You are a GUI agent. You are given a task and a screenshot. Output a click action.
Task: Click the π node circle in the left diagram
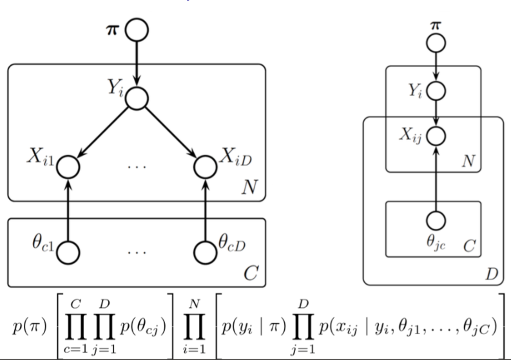tap(137, 30)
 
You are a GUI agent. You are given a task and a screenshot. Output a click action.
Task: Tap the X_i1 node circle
tap(68, 167)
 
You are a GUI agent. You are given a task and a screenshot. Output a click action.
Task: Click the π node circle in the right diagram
tap(437, 43)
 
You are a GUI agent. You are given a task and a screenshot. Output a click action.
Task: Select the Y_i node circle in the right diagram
tap(437, 90)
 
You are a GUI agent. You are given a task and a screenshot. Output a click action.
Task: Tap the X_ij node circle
tap(437, 135)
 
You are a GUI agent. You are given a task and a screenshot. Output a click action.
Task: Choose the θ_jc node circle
tap(437, 221)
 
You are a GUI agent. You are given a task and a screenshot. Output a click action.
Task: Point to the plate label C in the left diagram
tap(250, 274)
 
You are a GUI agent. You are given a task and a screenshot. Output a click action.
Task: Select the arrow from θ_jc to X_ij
tap(437, 178)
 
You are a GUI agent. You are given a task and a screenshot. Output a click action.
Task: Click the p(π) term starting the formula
tap(27, 325)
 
